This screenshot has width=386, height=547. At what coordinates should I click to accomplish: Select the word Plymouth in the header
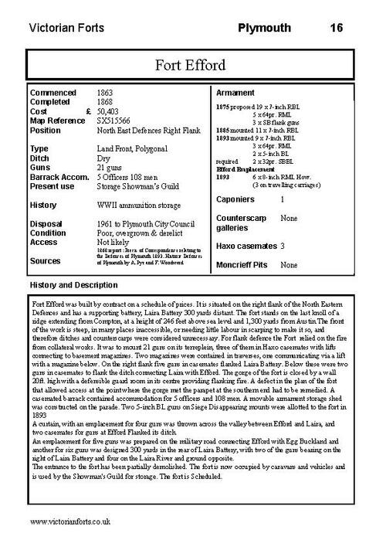pos(264,28)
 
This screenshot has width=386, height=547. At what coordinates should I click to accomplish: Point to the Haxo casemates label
pos(248,245)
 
